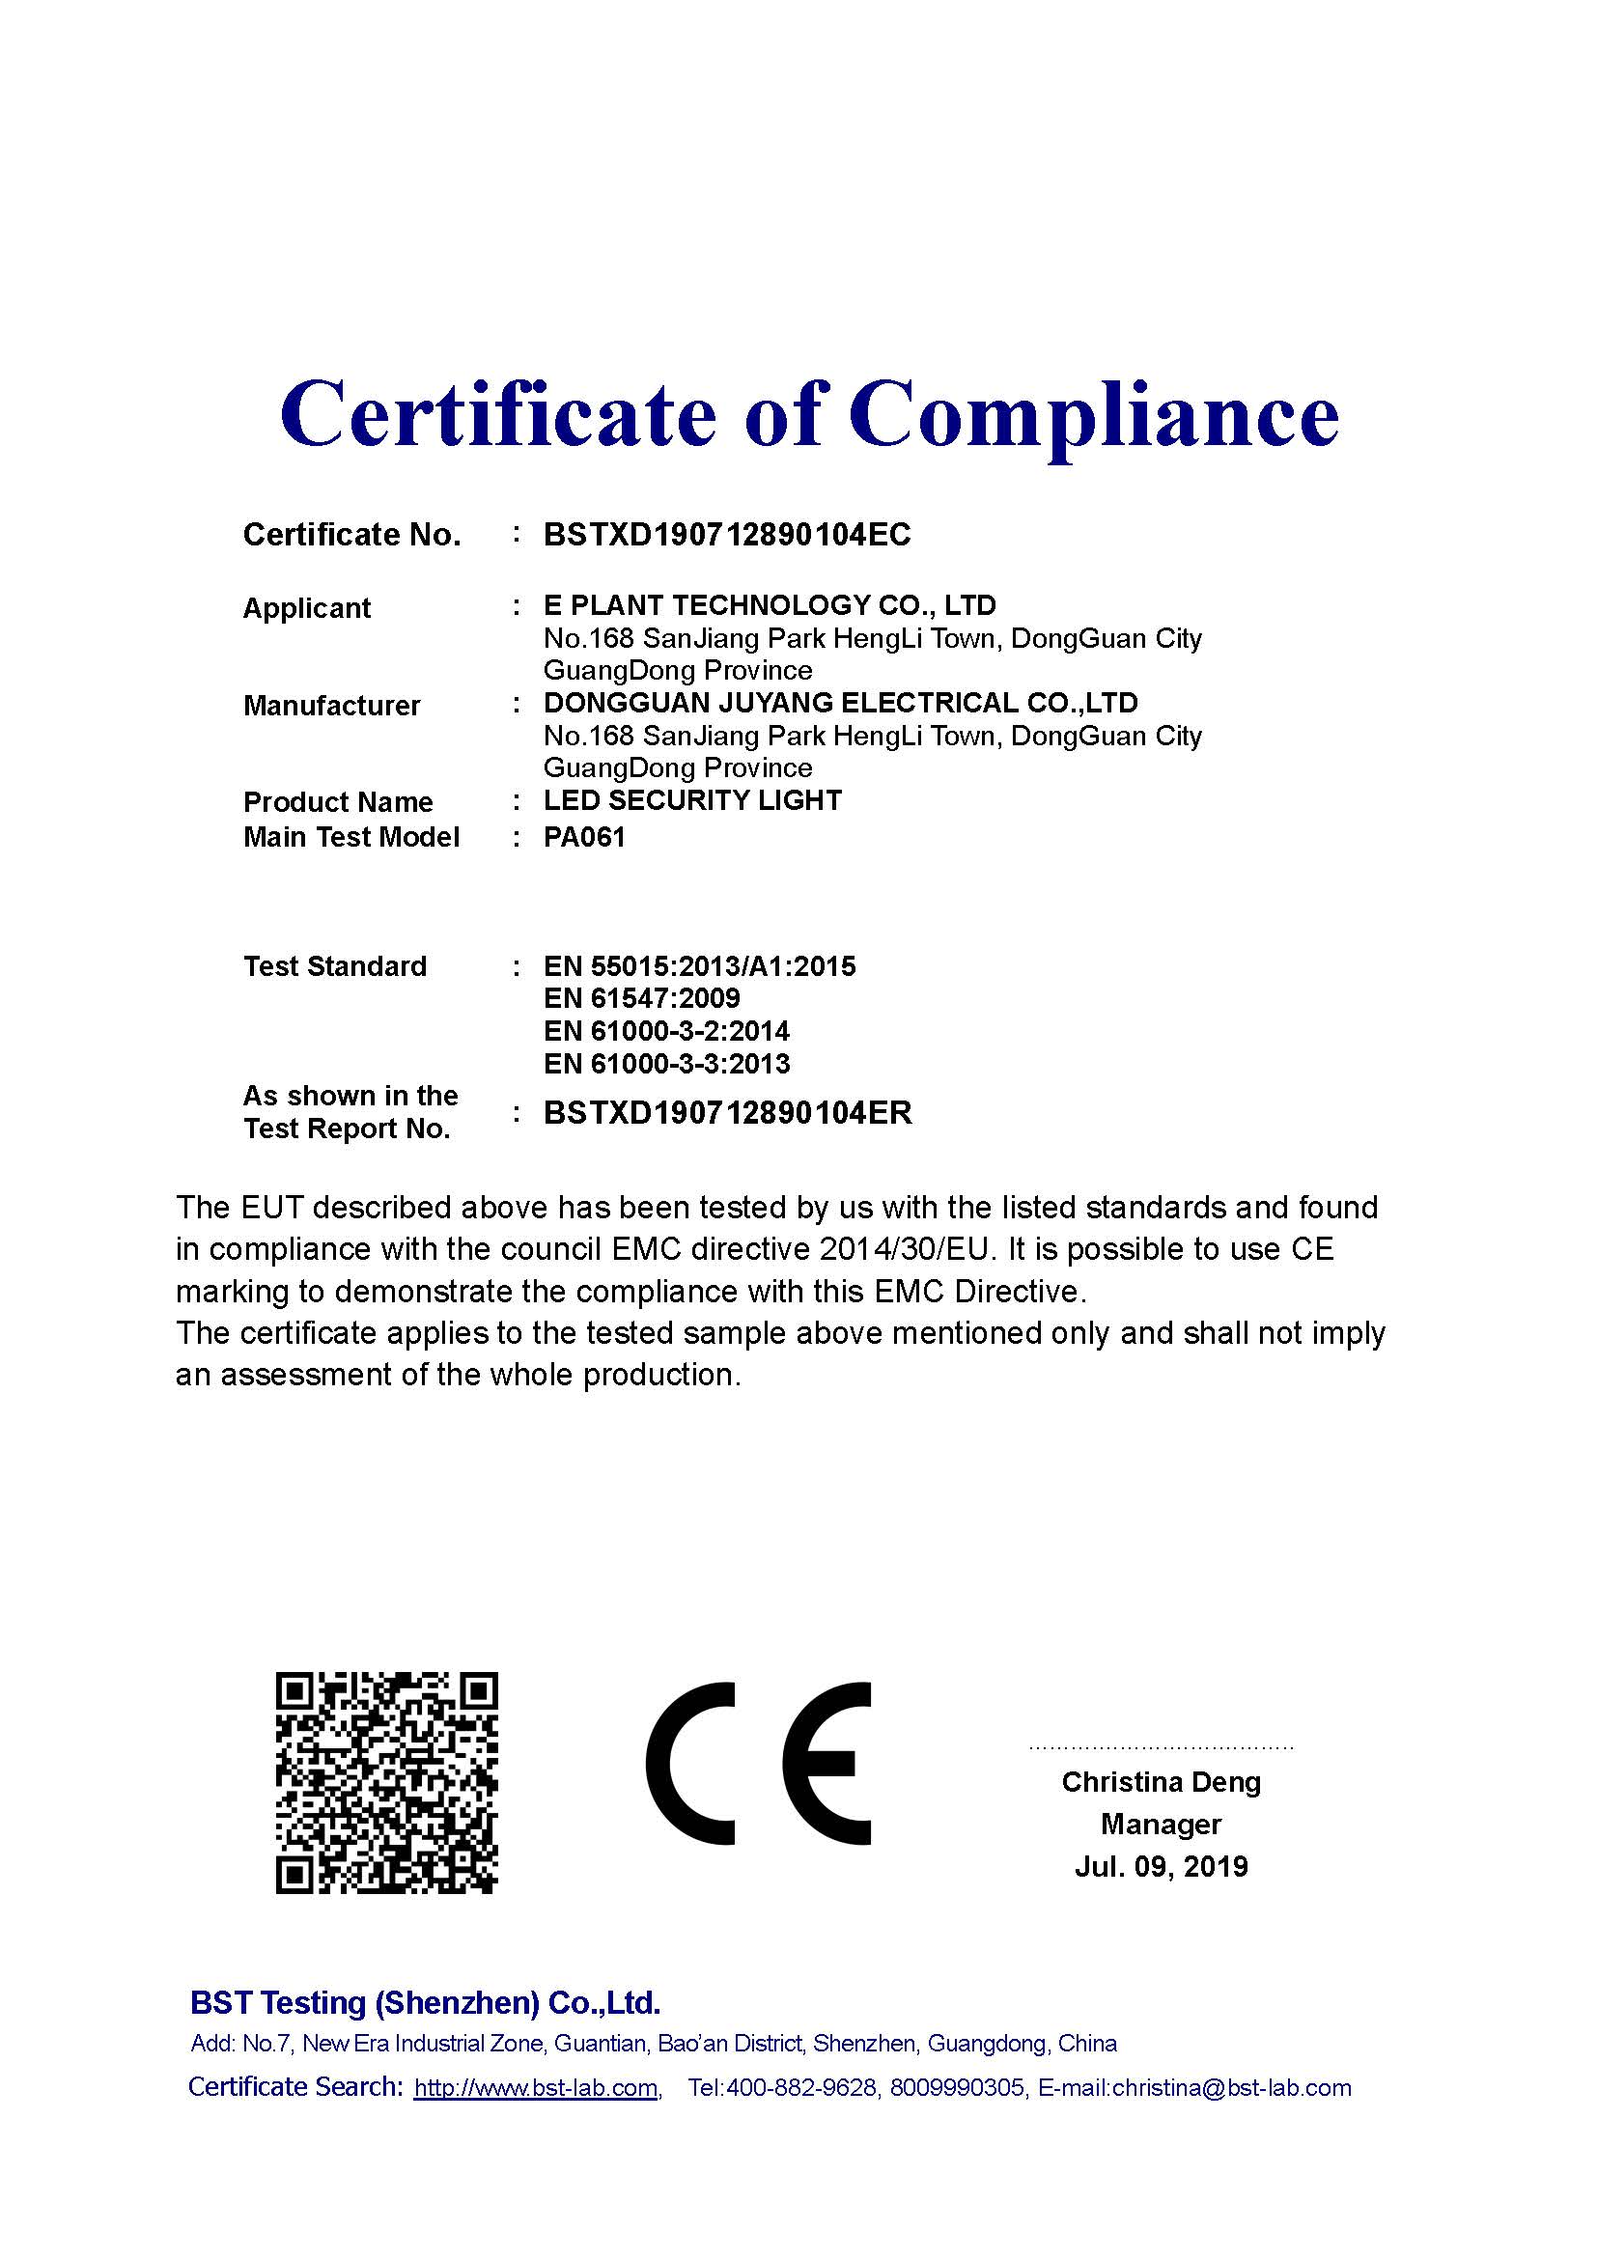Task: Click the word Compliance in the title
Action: pos(1094,415)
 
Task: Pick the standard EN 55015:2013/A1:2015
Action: pos(699,965)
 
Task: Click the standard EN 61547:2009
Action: pos(641,998)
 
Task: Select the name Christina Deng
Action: pos(1161,1781)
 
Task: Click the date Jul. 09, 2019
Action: pos(1161,1866)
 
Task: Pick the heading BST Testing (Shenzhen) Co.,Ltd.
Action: pos(425,2002)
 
